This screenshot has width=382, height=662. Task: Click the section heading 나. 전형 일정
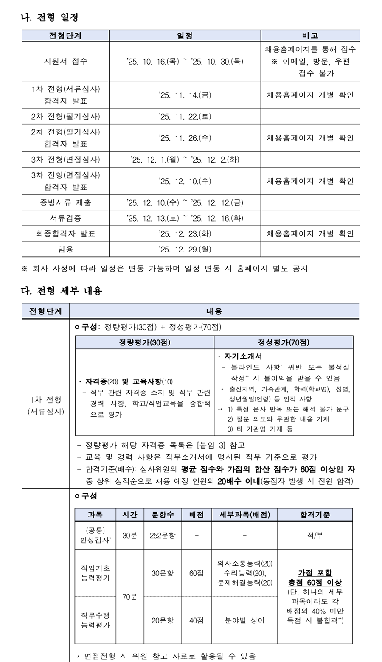point(49,17)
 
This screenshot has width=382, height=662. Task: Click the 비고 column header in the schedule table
point(310,36)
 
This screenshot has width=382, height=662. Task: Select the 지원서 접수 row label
point(65,61)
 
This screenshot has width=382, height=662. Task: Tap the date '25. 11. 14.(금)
point(185,95)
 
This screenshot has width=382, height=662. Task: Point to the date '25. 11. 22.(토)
point(185,116)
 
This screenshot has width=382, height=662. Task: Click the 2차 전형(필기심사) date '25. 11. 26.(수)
point(185,138)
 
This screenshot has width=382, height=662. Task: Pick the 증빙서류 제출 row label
point(65,202)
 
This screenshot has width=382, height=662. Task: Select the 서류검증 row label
point(65,218)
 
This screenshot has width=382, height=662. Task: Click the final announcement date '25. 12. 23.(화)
point(185,234)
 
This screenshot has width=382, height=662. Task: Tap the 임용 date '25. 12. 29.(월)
point(185,249)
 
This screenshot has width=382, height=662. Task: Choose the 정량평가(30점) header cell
point(144,342)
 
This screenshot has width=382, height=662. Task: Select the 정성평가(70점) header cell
point(284,342)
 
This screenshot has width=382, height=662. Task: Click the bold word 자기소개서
point(246,356)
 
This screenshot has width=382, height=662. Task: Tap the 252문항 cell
point(163,535)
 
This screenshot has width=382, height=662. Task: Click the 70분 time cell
point(130,597)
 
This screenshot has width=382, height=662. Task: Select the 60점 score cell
point(196,573)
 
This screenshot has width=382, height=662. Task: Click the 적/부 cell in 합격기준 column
point(315,535)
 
